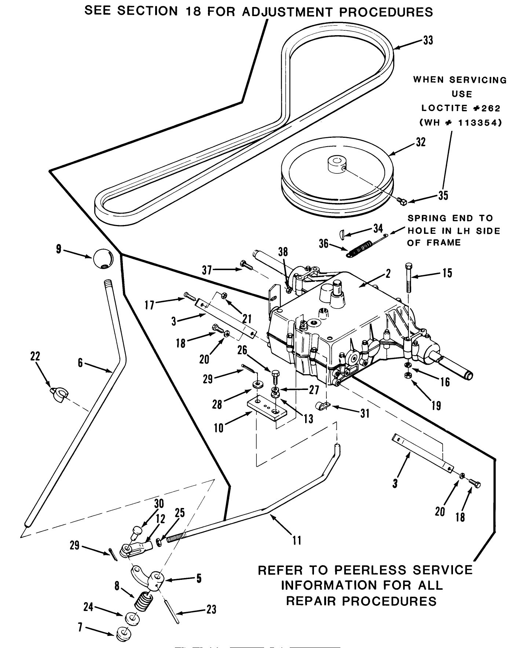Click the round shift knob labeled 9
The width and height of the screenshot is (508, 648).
(103, 259)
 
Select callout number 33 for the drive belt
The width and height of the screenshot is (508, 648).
(428, 40)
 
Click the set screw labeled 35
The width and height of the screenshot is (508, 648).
(402, 200)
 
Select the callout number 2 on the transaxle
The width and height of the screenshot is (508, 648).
(388, 273)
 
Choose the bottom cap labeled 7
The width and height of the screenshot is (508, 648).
(123, 633)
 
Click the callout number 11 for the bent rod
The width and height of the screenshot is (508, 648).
(297, 540)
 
